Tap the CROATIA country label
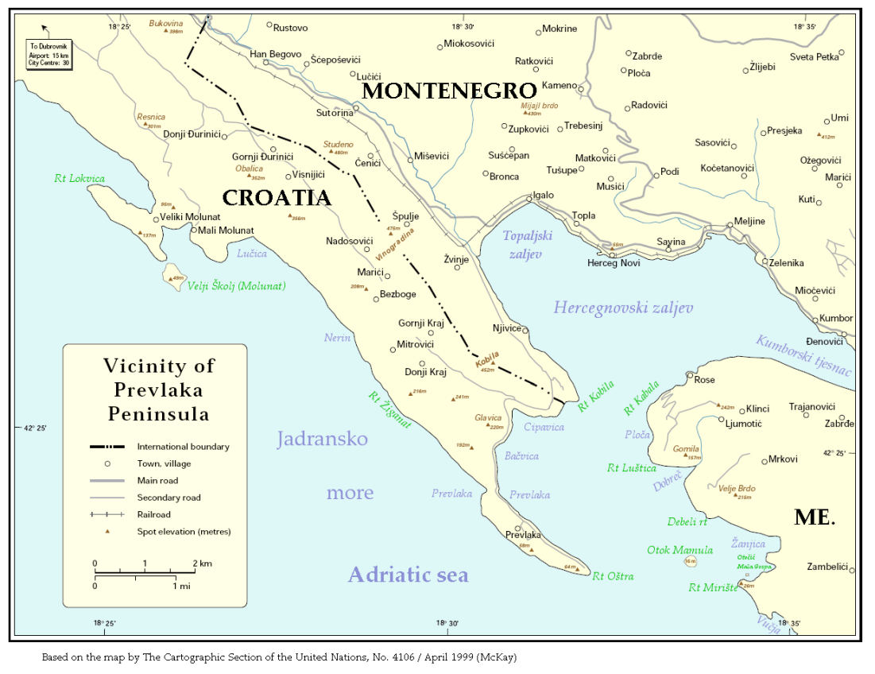[x=276, y=198]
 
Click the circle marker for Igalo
[x=528, y=199]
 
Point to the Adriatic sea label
[x=408, y=575]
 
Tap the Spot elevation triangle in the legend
[x=106, y=531]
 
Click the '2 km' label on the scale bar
[x=202, y=564]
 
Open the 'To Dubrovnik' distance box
[x=49, y=53]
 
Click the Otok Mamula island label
[x=679, y=550]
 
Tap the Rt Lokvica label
[x=79, y=179]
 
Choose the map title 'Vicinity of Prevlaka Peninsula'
[x=159, y=389]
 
